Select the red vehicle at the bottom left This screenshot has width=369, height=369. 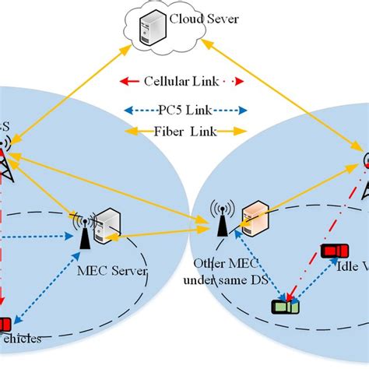point(4,324)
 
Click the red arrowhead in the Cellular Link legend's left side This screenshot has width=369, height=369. point(125,81)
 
